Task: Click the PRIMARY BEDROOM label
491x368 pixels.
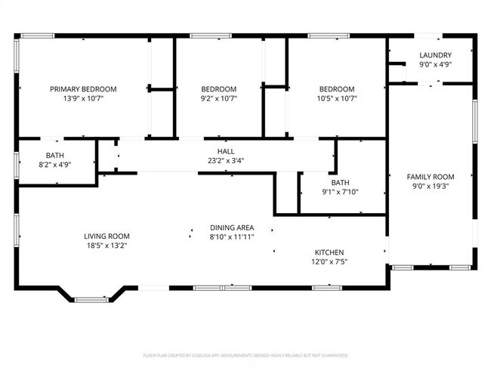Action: pyautogui.click(x=81, y=88)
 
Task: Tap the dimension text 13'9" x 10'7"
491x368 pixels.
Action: pyautogui.click(x=81, y=98)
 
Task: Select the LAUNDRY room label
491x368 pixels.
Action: pyautogui.click(x=435, y=55)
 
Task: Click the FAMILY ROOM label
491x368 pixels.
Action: pyautogui.click(x=430, y=176)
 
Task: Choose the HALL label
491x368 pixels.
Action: pyautogui.click(x=226, y=151)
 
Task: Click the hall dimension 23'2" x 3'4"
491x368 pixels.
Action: pyautogui.click(x=226, y=160)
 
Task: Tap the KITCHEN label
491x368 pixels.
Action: pyautogui.click(x=329, y=252)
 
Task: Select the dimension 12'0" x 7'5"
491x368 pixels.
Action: pyautogui.click(x=329, y=262)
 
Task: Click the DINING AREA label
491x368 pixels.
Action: pyautogui.click(x=232, y=227)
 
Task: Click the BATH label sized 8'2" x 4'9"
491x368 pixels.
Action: pyautogui.click(x=54, y=155)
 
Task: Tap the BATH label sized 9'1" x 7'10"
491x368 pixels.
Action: pyautogui.click(x=340, y=182)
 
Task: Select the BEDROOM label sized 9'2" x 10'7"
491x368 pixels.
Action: pyautogui.click(x=218, y=88)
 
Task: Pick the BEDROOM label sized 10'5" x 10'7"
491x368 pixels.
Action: pyautogui.click(x=336, y=88)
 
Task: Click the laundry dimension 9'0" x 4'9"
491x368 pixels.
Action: pyautogui.click(x=435, y=64)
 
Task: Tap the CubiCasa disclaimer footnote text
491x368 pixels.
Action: pyautogui.click(x=246, y=354)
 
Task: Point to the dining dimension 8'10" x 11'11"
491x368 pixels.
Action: pyautogui.click(x=232, y=237)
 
